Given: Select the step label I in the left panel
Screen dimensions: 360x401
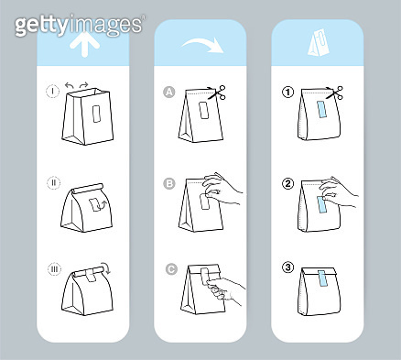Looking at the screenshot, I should click(x=52, y=92).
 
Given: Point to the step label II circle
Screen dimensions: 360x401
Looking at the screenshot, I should click(x=52, y=182).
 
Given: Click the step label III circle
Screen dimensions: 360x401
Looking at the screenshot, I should click(x=52, y=267).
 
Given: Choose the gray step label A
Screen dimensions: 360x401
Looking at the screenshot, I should click(x=168, y=92).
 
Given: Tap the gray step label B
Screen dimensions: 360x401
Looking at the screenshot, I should click(x=168, y=182).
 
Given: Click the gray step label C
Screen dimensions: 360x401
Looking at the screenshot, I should click(x=168, y=267).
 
